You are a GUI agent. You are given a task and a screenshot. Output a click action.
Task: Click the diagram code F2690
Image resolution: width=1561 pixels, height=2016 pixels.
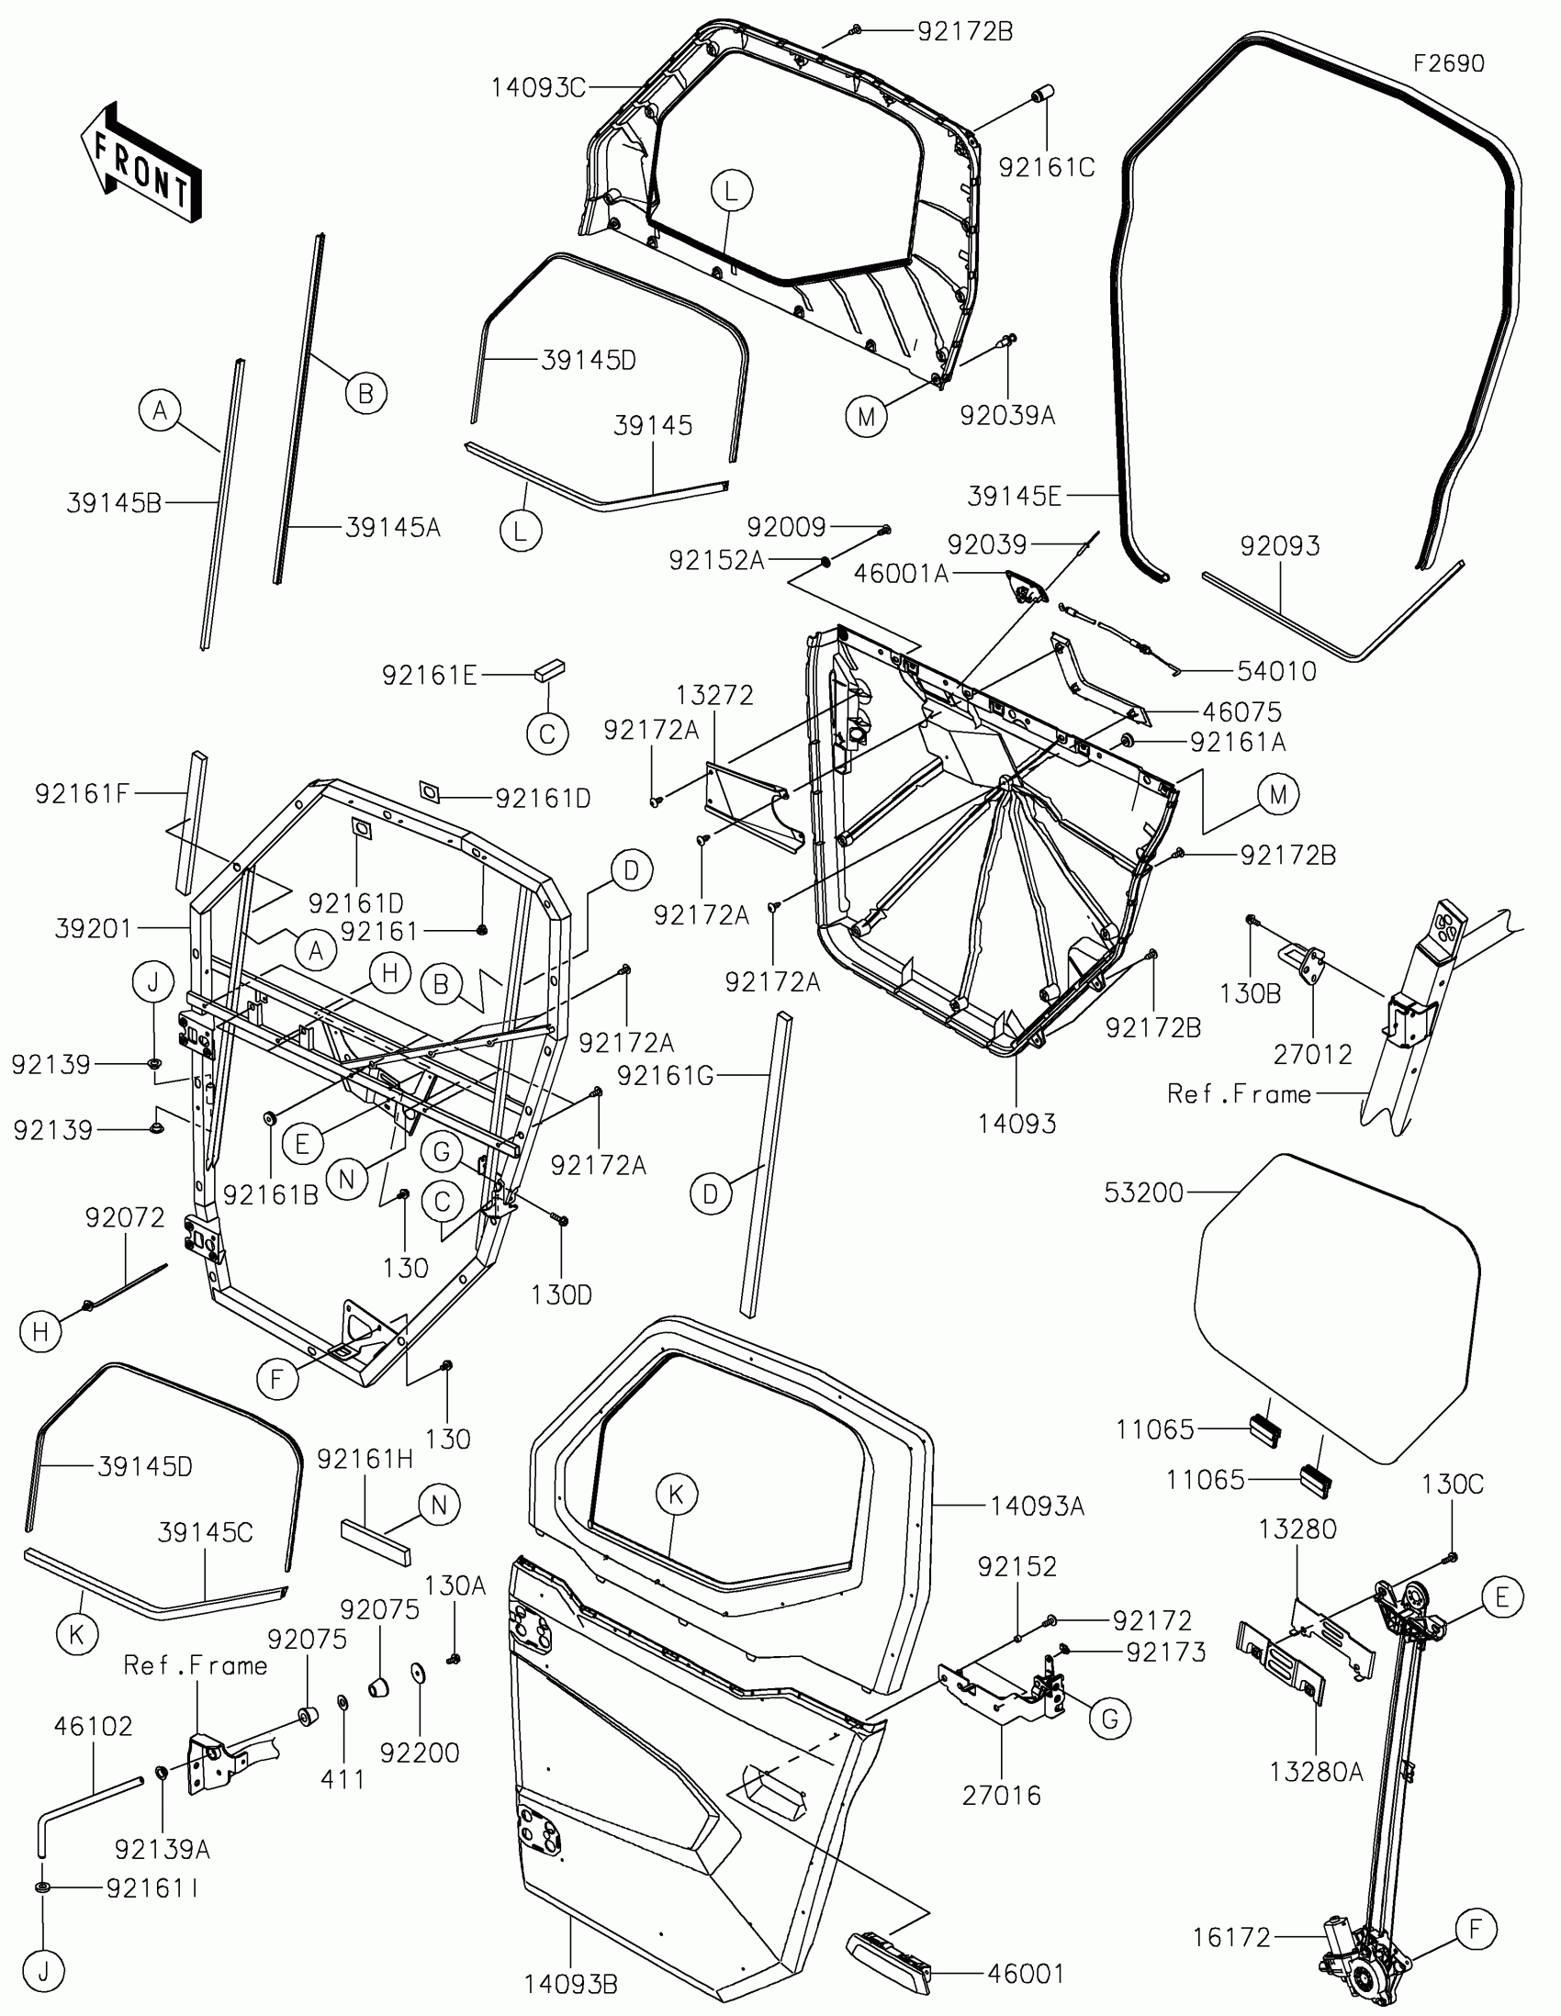coord(1448,63)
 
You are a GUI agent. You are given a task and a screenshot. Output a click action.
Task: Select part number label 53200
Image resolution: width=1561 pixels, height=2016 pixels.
coord(1143,1193)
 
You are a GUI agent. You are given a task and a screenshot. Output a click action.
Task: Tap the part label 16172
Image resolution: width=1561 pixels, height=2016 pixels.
coord(1231,1937)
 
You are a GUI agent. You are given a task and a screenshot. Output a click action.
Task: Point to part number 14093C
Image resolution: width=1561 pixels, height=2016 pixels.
coord(537,89)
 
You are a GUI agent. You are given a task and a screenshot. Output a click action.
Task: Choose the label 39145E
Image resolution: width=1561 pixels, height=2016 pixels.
coord(1014,497)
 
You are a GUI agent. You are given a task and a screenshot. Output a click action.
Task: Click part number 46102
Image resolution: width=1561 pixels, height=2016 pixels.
coord(94,1726)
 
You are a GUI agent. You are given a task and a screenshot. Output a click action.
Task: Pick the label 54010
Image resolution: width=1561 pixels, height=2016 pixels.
coord(1275,671)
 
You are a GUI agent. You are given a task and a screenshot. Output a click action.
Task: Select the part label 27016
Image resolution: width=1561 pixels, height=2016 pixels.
coord(1002,1796)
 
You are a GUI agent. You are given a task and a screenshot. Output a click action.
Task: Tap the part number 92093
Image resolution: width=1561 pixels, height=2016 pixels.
coord(1279,545)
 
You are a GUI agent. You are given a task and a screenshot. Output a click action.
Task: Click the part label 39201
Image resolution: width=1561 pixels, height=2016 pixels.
coord(94,928)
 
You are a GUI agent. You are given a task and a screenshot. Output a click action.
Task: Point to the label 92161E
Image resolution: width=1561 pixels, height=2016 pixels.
coord(429,676)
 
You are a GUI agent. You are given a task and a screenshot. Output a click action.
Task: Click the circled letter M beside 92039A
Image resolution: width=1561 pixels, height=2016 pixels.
coord(866,417)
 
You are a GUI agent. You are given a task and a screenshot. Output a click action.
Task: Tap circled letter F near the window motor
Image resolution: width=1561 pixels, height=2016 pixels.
coord(1476,1929)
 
